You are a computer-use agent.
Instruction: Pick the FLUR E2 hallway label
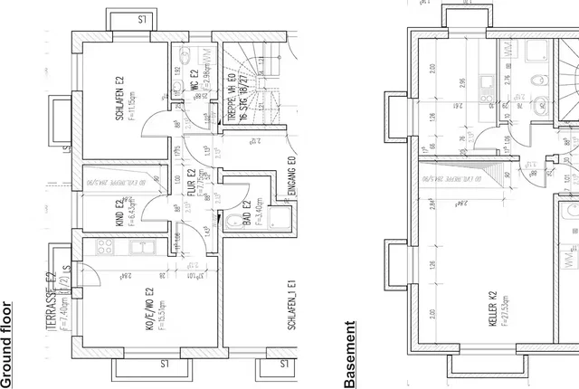192,185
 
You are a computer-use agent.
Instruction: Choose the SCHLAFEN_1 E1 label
292,308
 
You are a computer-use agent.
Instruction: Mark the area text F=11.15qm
132,91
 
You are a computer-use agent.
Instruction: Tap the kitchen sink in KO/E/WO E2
142,246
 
